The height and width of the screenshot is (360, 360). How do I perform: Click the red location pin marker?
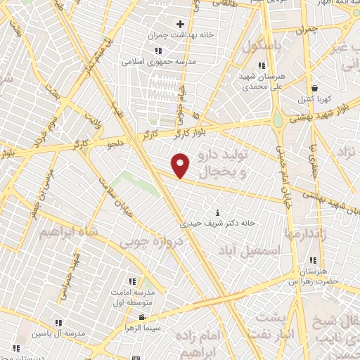(x=181, y=165)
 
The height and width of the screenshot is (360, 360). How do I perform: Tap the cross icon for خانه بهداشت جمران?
(x=181, y=25)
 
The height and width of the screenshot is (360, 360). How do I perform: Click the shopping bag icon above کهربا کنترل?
(x=314, y=88)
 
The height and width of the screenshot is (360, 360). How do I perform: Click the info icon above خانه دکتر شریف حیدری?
(x=219, y=212)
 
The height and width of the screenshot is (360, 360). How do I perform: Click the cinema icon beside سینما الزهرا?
(x=142, y=318)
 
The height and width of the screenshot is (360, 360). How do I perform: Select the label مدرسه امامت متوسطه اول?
(x=138, y=297)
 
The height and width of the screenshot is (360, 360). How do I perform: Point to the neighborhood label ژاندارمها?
(x=303, y=233)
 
